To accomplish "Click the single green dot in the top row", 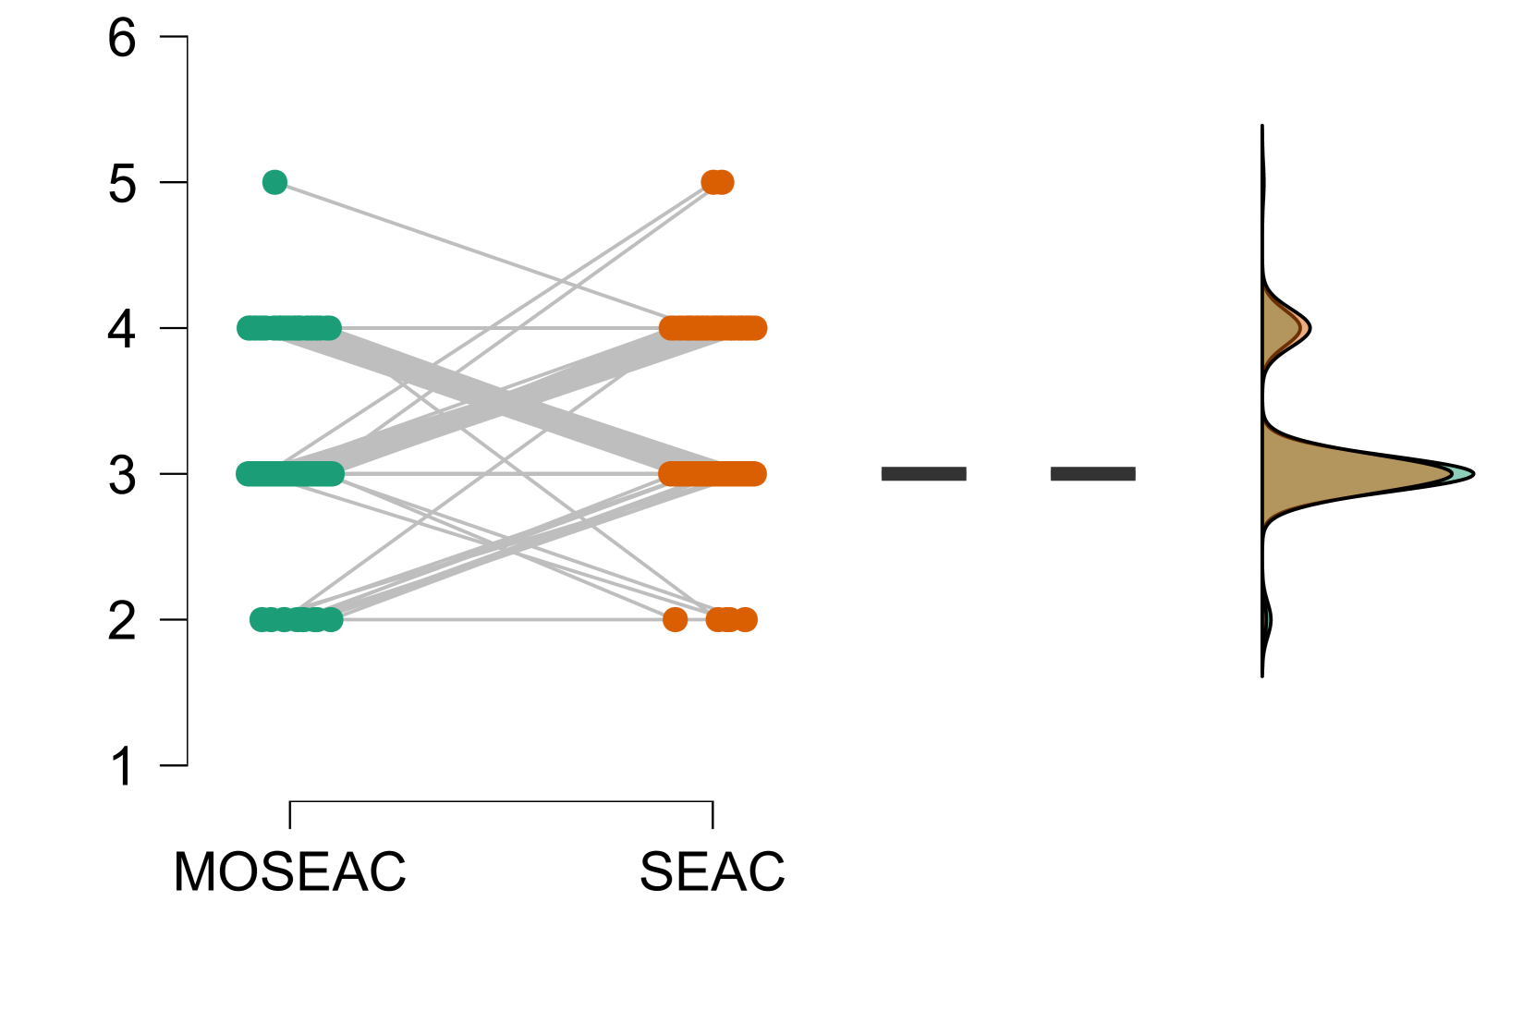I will tap(274, 182).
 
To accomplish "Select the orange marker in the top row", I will tap(717, 182).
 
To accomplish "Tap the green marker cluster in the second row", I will tap(289, 328).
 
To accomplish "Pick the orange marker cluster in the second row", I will tap(713, 328).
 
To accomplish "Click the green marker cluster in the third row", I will tap(289, 474).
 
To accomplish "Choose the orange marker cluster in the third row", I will tap(713, 474).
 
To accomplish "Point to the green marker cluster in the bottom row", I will tap(296, 619).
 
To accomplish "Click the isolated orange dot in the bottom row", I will tap(676, 619).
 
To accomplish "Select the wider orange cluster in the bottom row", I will tap(732, 619).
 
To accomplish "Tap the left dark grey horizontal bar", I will tap(923, 474).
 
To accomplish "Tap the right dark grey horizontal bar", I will tap(1092, 474).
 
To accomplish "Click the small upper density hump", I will tap(1283, 329).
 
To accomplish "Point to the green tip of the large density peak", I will tap(1462, 474).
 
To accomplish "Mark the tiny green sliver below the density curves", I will tap(1267, 619).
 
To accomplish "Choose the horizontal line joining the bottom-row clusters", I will tap(499, 619).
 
